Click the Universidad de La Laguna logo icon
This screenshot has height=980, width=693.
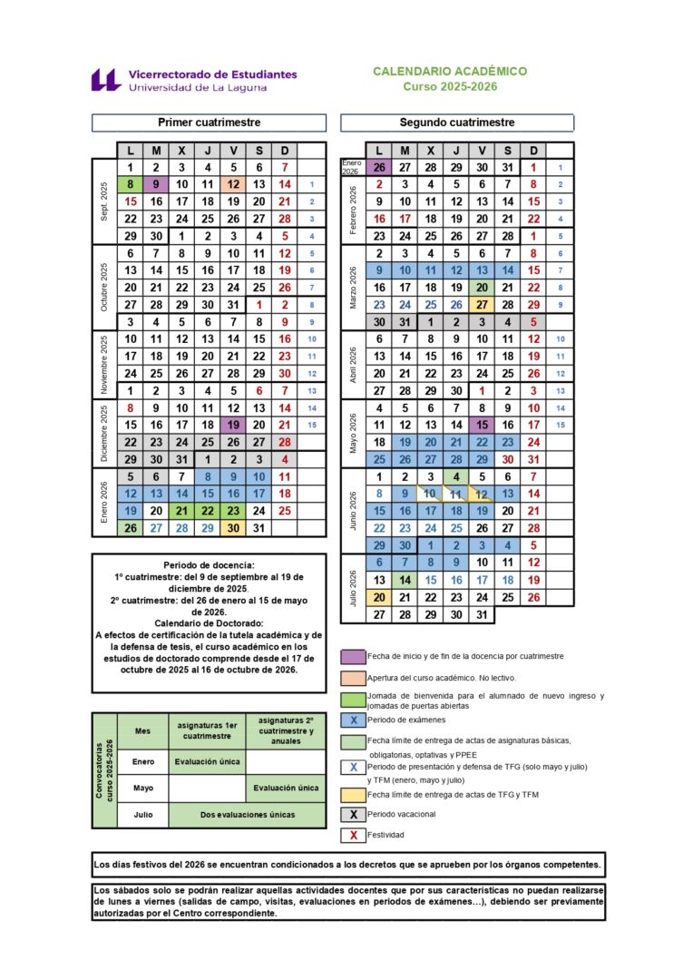pyautogui.click(x=105, y=80)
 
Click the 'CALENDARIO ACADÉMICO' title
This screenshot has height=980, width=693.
pyautogui.click(x=450, y=71)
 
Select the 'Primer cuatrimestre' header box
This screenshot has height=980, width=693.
pyautogui.click(x=210, y=122)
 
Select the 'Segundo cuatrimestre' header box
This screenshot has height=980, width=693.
pyautogui.click(x=457, y=122)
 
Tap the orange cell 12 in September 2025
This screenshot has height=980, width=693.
pyautogui.click(x=233, y=184)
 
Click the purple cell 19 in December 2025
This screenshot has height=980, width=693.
pyautogui.click(x=233, y=425)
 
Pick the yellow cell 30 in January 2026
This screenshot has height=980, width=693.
pyautogui.click(x=233, y=527)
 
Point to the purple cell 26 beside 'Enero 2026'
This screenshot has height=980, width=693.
pyautogui.click(x=379, y=167)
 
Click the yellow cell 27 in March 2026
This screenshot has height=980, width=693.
pyautogui.click(x=482, y=305)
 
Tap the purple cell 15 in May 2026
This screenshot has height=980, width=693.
pyautogui.click(x=482, y=425)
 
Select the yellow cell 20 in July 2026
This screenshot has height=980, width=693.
pyautogui.click(x=379, y=597)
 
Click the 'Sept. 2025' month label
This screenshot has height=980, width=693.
pyautogui.click(x=103, y=201)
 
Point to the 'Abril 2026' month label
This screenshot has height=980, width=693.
pyautogui.click(x=352, y=365)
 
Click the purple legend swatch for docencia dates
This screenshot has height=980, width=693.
pyautogui.click(x=353, y=656)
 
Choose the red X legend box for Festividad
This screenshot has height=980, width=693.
pyautogui.click(x=353, y=835)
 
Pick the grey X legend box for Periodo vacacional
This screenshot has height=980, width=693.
pyautogui.click(x=353, y=814)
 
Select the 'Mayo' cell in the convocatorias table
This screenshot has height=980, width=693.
pyautogui.click(x=142, y=788)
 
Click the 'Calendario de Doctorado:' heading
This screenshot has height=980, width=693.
pyautogui.click(x=210, y=623)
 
